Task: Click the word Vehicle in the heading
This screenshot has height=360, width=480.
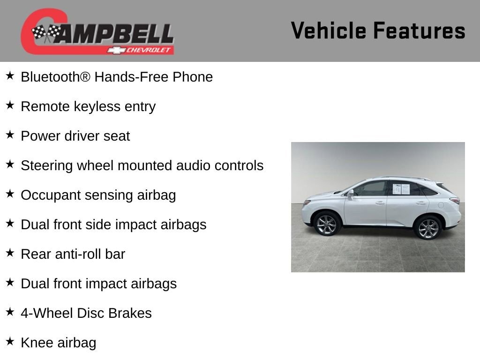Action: pos(329,30)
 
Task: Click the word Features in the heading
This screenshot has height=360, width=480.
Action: pos(420,30)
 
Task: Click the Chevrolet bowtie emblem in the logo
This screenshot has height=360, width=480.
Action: pos(117,50)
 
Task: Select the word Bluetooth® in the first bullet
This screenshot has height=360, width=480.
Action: pos(55,77)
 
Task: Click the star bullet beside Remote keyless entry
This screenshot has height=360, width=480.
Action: pos(10,105)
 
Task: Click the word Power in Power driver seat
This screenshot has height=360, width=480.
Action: pos(40,136)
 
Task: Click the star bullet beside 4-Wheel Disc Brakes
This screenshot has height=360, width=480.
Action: pos(10,312)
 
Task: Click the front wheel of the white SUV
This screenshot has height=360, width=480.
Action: pos(327,225)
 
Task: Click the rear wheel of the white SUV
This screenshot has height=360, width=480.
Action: pos(428,228)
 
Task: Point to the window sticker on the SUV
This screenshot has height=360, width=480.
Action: pos(401,189)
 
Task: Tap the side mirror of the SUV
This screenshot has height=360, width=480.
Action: pos(351,193)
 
